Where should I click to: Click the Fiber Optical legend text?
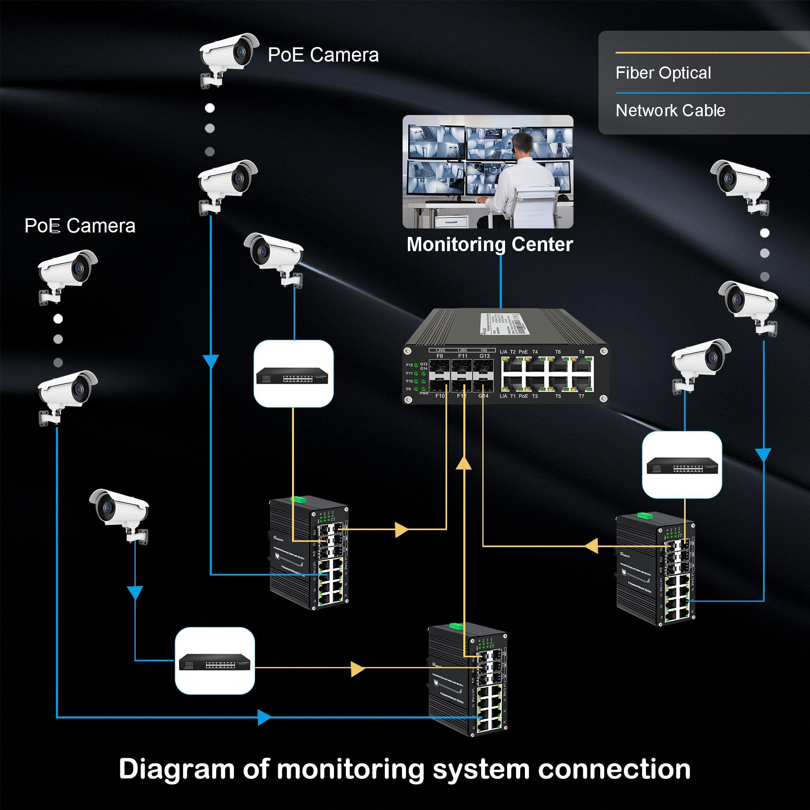pos(663,73)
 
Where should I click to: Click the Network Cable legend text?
pos(670,111)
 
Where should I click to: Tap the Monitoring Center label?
pos(489,245)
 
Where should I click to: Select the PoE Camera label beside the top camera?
pos(323,55)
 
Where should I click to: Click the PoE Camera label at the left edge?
pos(80,226)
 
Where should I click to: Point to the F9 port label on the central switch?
pos(439,356)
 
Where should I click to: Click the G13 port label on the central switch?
pos(484,356)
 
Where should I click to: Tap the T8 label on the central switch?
pos(581,352)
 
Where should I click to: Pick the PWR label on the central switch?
pos(424,393)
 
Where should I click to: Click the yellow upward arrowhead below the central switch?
pos(464,463)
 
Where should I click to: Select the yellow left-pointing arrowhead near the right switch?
pos(592,546)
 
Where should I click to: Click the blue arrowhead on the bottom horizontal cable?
pos(264,717)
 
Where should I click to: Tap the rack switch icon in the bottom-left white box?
pos(214,662)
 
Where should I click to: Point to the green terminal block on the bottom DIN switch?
pos(456,627)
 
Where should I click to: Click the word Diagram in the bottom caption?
pos(177,769)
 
